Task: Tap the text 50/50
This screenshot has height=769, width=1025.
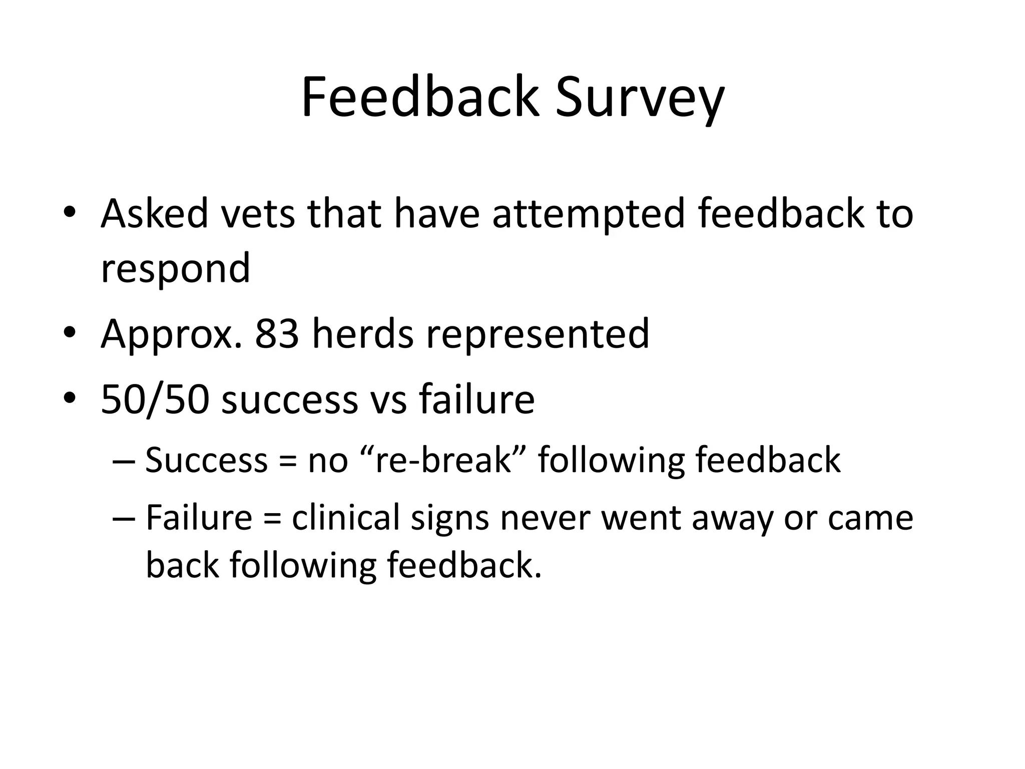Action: tap(154, 399)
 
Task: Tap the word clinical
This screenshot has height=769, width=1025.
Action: tap(345, 518)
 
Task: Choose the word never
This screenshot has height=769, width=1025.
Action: tap(545, 519)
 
